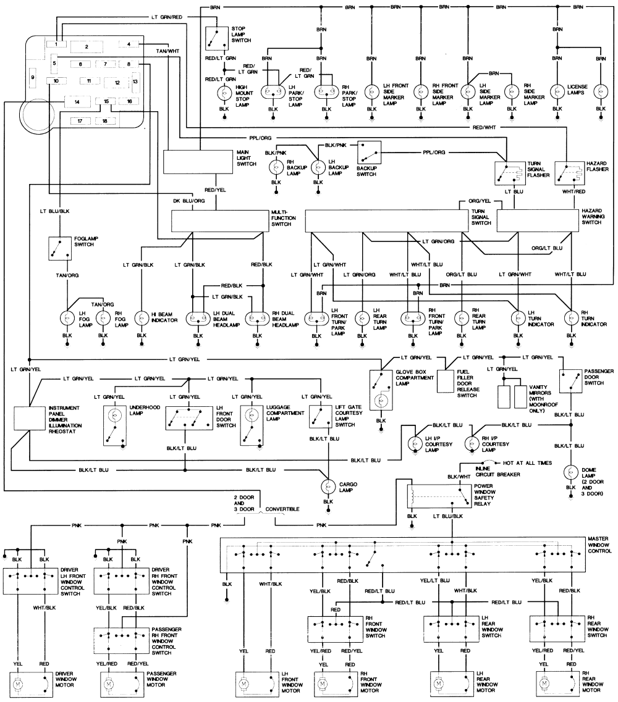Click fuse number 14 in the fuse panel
(77, 102)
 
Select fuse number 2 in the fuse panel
(87, 46)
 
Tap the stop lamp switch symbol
(218, 38)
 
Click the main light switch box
(198, 162)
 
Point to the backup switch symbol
(370, 153)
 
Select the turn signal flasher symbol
(510, 173)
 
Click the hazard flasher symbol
(570, 173)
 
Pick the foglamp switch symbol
(60, 248)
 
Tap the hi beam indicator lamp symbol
(142, 319)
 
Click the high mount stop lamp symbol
(224, 93)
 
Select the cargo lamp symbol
(329, 486)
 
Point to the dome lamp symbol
(571, 472)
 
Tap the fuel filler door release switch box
(446, 381)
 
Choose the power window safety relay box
(439, 496)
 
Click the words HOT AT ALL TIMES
(528, 463)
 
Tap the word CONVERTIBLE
(282, 509)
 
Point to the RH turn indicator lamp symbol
(572, 319)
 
